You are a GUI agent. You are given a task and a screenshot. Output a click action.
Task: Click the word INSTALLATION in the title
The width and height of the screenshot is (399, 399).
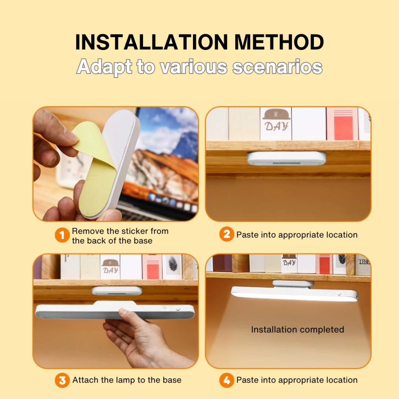152,42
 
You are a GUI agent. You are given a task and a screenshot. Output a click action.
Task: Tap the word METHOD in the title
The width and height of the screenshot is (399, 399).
279,42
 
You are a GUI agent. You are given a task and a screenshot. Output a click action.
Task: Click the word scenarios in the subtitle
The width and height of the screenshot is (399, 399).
277,67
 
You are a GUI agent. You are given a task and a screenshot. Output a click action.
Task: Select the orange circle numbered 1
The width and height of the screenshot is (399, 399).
62,235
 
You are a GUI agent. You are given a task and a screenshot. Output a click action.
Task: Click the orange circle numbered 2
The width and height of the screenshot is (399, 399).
227,234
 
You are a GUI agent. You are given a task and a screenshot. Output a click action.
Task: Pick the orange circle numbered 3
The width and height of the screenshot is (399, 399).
62,380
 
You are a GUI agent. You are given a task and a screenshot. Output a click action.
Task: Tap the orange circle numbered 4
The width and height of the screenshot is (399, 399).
227,380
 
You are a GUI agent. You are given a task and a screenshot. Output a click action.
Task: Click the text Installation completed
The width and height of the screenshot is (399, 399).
297,330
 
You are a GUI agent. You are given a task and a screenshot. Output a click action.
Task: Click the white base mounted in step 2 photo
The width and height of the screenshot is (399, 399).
287,158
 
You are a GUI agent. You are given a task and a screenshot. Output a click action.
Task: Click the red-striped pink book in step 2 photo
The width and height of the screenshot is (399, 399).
342,124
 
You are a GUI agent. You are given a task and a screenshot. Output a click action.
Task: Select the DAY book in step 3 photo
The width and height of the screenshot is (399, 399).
110,267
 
